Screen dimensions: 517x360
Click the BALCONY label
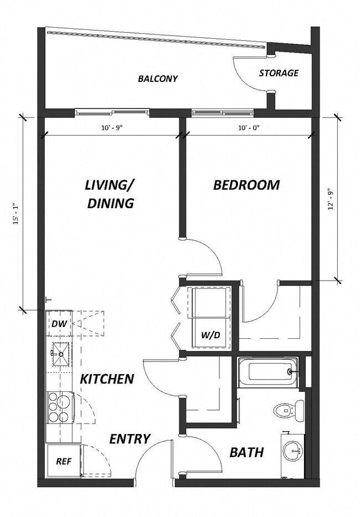point(158,79)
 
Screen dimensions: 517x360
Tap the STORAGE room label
point(279,73)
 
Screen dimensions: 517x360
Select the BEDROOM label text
point(246,185)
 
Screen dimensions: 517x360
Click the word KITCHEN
point(107,379)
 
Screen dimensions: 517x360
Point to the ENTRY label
point(130,439)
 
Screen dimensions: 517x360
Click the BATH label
point(246,453)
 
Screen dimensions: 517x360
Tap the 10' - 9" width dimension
point(111,128)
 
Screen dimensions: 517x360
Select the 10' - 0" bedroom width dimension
point(249,128)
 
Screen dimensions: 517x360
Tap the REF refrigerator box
point(63,461)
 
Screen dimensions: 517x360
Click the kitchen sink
point(60,353)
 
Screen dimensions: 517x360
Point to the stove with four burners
point(59,407)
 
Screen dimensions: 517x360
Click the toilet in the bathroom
point(289,410)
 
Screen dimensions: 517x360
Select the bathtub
point(268,371)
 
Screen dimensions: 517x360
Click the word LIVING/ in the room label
point(110,185)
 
